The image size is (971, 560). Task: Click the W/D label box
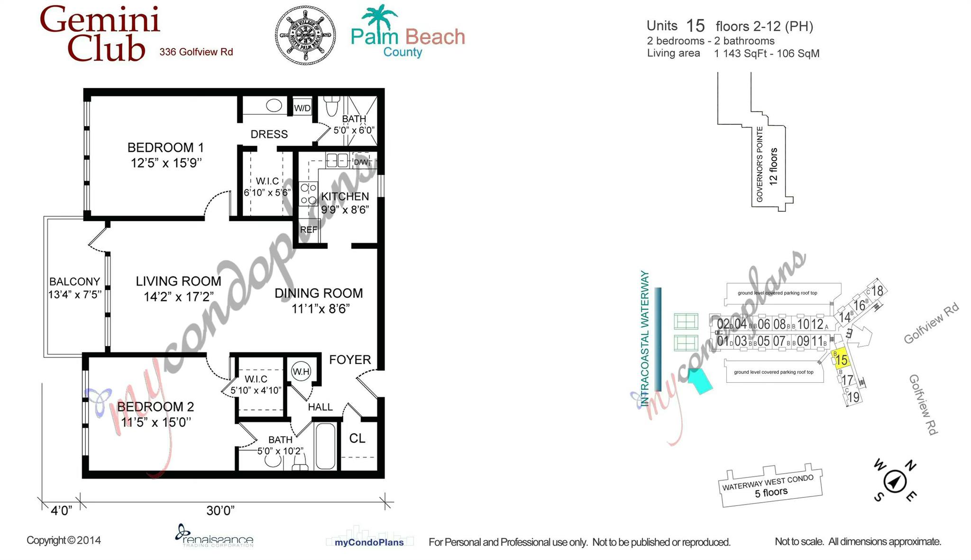(302, 108)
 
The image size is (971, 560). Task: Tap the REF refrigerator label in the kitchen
(309, 230)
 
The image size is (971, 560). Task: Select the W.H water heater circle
(301, 371)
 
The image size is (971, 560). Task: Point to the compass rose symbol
(895, 482)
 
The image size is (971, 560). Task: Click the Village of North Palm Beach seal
(305, 35)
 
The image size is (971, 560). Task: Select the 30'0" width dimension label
(220, 511)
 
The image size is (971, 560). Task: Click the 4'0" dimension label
(61, 511)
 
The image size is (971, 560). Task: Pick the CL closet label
(357, 439)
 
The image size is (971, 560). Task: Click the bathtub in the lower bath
(325, 446)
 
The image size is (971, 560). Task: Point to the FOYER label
(350, 360)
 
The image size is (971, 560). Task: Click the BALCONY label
(74, 282)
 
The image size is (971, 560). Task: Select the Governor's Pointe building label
(760, 164)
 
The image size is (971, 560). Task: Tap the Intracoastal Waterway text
(645, 339)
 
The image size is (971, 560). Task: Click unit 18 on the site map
(877, 291)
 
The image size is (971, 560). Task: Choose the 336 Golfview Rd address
(196, 52)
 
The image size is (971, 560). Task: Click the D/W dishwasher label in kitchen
(361, 162)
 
